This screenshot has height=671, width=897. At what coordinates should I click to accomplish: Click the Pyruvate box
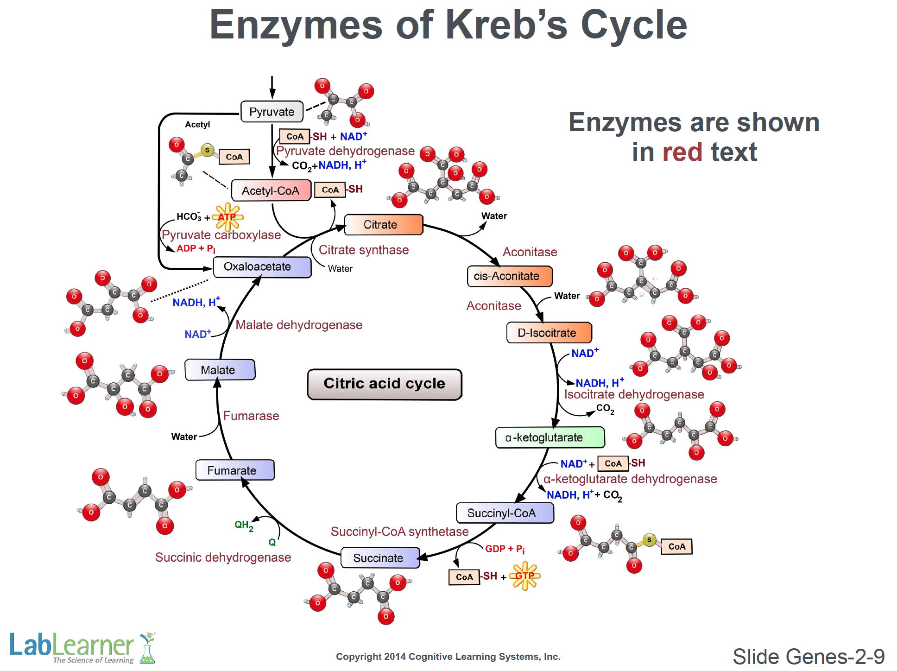(272, 112)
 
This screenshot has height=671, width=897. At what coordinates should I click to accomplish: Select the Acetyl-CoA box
(271, 190)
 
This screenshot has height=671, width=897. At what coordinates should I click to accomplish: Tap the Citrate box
(383, 225)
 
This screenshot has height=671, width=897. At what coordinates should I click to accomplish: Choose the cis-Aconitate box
(509, 276)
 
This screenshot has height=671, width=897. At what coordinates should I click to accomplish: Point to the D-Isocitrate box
(549, 333)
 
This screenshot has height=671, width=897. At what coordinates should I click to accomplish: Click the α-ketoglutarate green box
(550, 437)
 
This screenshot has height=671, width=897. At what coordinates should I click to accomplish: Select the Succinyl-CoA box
(505, 513)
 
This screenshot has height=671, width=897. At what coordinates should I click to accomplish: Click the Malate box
(220, 370)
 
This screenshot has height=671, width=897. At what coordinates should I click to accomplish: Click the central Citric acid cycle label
(384, 384)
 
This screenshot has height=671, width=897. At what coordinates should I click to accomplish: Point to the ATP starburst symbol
(227, 217)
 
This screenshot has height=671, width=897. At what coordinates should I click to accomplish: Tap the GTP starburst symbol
(525, 576)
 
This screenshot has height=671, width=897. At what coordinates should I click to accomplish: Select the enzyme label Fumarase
(251, 416)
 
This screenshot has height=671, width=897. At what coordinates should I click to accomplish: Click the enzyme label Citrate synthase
(364, 250)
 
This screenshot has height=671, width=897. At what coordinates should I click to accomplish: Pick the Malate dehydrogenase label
(299, 325)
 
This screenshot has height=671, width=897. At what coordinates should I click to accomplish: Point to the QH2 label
(244, 525)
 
